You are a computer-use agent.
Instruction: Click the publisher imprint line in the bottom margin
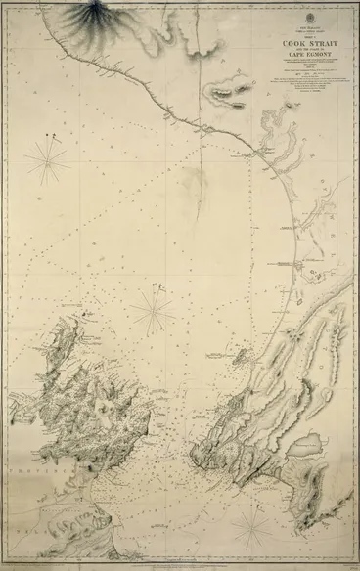tap(180, 564)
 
